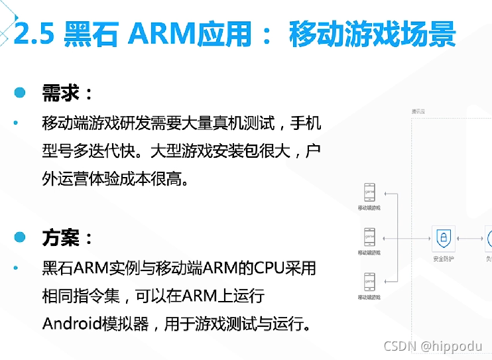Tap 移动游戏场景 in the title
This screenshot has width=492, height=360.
(x=372, y=33)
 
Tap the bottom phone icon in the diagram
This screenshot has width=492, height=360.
(x=369, y=280)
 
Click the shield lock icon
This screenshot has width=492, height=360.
(x=442, y=237)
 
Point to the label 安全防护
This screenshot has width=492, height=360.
(x=442, y=259)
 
